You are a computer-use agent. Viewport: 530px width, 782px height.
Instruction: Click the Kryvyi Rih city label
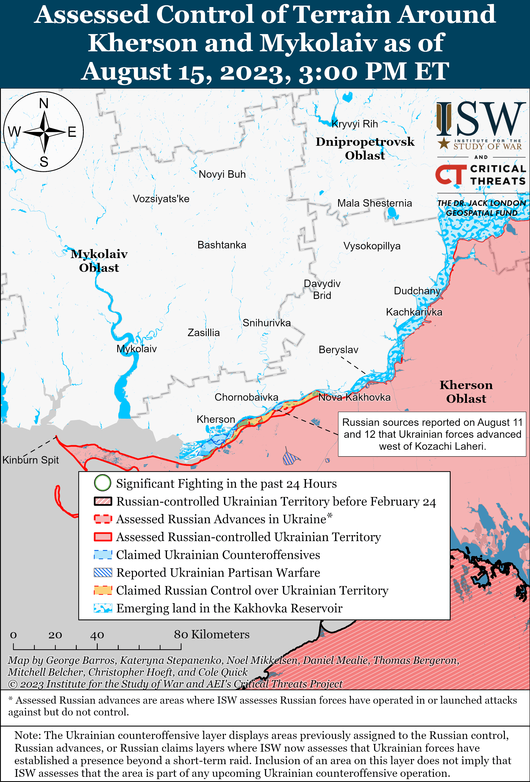point(355,124)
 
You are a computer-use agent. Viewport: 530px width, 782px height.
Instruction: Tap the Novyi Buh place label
point(222,174)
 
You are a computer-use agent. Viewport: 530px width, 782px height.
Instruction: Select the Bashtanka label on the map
point(222,245)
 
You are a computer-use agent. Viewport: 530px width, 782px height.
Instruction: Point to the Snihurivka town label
point(266,323)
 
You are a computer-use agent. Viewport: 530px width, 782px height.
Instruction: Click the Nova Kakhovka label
point(354,397)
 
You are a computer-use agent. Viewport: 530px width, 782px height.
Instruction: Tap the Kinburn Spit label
point(31,460)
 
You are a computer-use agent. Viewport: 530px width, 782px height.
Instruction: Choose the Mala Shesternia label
point(375,203)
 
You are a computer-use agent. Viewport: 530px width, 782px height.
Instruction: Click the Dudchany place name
point(417,291)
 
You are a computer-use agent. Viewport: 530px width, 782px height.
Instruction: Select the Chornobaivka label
point(246,397)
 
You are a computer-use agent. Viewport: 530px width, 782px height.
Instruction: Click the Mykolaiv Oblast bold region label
point(99,261)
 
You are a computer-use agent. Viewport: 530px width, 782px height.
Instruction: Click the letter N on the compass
point(44,103)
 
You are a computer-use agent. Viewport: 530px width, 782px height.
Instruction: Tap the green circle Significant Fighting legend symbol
point(102,483)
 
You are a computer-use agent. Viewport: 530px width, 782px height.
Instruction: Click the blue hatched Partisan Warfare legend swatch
point(103,573)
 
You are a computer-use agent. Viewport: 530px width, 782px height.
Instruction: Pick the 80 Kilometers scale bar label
point(212,635)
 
